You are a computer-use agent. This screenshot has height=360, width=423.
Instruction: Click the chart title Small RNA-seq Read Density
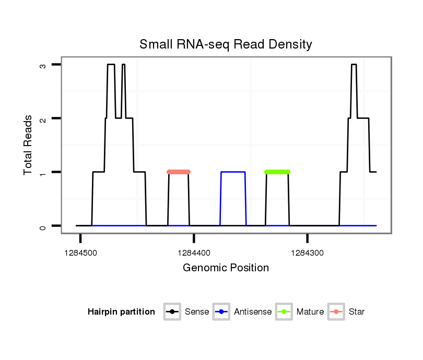pos(226,44)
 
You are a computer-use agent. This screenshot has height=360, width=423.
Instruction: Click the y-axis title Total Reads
pos(29,145)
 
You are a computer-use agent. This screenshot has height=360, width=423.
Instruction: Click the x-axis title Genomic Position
pos(226,268)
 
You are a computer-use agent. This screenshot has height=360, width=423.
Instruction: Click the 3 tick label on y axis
pos(43,66)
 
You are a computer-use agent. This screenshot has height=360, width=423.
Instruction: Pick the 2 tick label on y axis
pos(43,119)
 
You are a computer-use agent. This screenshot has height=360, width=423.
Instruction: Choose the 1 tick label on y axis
pos(43,173)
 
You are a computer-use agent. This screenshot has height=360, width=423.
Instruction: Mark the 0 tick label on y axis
pos(43,226)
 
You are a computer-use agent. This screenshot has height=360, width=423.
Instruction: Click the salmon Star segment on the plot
pos(179,172)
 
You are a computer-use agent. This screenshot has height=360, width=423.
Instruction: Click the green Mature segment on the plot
pos(277,172)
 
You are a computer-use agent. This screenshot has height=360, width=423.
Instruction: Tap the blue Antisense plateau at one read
pos(233,172)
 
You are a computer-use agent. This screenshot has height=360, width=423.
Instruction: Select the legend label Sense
pos(197,312)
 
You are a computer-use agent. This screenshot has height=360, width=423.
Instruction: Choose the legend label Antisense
pos(253,312)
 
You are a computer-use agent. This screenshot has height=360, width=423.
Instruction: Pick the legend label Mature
pos(310,312)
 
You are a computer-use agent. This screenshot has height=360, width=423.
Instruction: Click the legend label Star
pos(357,312)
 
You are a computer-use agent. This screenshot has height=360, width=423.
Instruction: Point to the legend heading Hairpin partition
pos(121,312)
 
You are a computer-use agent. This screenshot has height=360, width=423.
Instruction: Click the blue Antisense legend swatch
pos(222,312)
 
